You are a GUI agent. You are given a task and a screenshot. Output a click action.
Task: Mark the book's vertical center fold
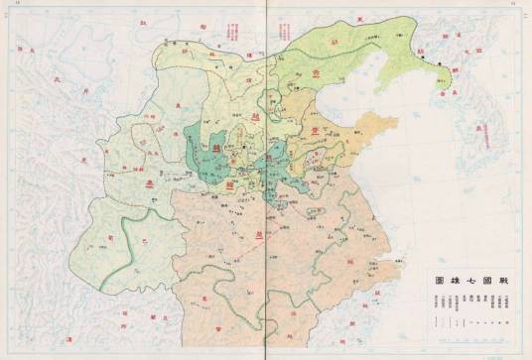(x=266, y=180)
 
